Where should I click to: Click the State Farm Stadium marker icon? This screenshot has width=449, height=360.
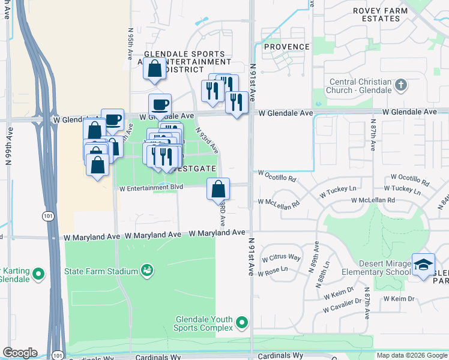point(146,271)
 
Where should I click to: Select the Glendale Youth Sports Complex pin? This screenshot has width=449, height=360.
point(242,323)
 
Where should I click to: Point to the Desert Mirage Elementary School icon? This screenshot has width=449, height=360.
point(423,265)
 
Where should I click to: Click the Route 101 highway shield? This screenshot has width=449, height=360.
point(46,215)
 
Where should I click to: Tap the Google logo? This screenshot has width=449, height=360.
point(20,353)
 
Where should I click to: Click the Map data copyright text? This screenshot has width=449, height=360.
point(411,355)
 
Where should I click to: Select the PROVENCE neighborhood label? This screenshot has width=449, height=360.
point(287,47)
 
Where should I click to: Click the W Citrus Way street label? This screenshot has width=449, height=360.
point(279,257)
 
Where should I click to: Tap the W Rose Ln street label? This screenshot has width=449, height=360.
point(274,273)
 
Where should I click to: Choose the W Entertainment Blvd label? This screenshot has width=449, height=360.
point(150,188)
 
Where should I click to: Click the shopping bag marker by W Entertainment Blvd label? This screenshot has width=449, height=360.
point(218,188)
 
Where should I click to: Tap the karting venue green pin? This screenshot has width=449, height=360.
point(39,274)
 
